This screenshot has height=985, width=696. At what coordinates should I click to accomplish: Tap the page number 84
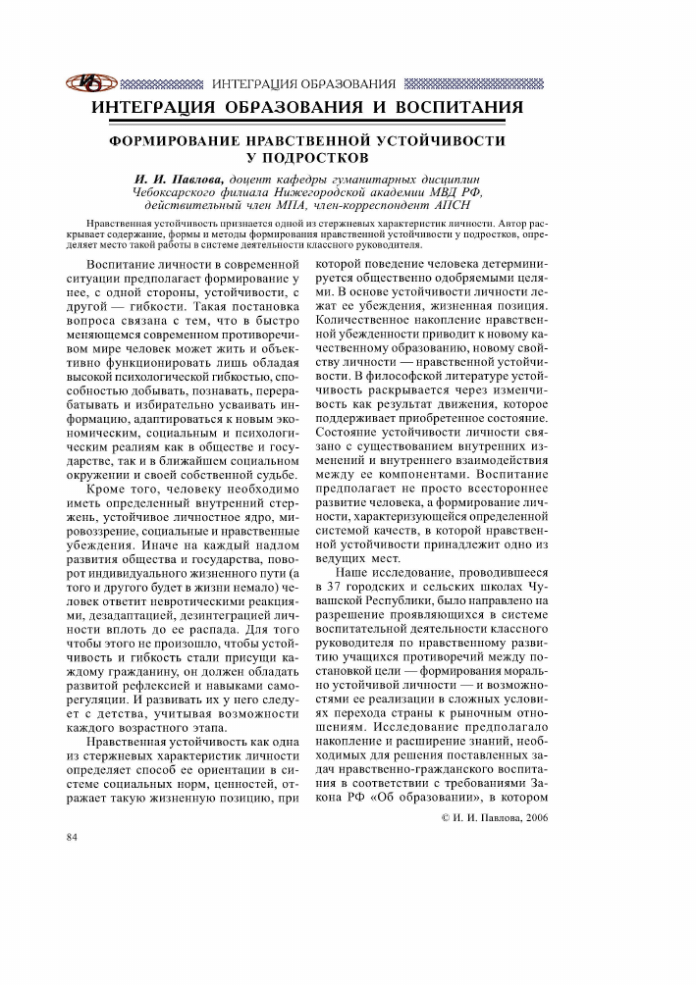pyautogui.click(x=71, y=837)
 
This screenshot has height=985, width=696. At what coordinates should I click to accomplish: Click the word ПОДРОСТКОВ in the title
pyautogui.click(x=311, y=156)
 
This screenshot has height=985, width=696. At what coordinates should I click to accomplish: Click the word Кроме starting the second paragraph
pyautogui.click(x=109, y=488)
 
